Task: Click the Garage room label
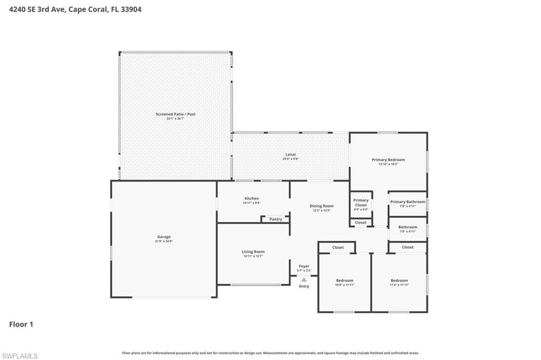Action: point(164,237)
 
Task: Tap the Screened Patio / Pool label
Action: point(175,114)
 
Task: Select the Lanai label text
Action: point(291,154)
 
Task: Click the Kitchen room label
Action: point(251,198)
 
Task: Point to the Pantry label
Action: point(276,219)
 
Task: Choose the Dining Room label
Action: point(321,206)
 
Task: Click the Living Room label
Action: point(253,252)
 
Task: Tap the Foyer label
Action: point(304,267)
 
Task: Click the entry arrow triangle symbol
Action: point(304,280)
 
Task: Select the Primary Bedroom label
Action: point(388,159)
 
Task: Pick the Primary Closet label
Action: point(361,202)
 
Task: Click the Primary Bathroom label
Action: point(407,202)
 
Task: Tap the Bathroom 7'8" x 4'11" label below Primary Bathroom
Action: point(407,228)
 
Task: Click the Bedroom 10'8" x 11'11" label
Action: point(345,281)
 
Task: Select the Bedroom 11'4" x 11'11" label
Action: point(399,281)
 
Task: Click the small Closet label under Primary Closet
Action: point(361,223)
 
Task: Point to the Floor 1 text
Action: point(21,325)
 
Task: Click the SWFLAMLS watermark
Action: point(20,356)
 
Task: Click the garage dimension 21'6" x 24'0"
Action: point(164,241)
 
